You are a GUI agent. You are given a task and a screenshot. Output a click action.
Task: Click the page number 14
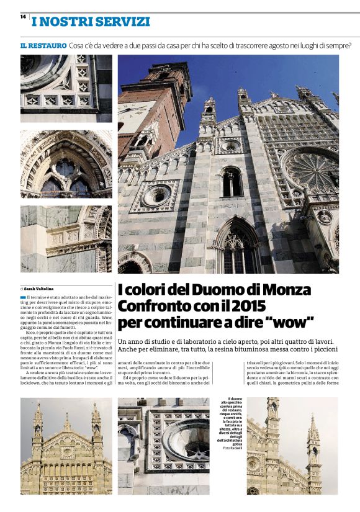(22, 16)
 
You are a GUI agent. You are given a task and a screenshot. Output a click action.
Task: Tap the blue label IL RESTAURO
(43, 45)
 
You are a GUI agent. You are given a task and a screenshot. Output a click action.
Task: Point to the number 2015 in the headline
(247, 306)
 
